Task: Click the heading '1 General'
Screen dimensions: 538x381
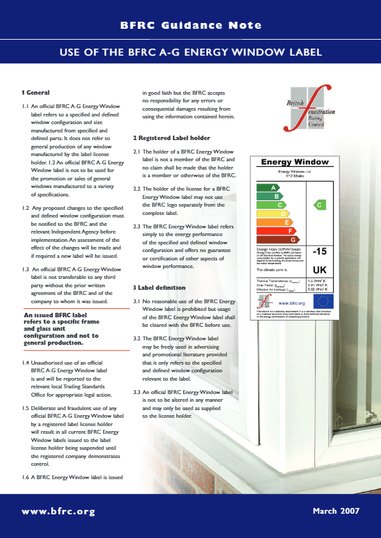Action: click(36, 93)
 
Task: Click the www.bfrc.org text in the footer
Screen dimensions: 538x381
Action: click(58, 511)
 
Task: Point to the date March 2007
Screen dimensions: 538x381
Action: click(336, 511)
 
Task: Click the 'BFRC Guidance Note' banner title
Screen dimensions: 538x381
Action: click(191, 26)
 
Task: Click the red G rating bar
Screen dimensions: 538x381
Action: click(277, 239)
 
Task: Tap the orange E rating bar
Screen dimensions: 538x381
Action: click(274, 221)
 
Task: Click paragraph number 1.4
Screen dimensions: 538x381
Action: click(26, 363)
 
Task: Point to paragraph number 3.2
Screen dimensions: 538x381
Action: click(137, 338)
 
